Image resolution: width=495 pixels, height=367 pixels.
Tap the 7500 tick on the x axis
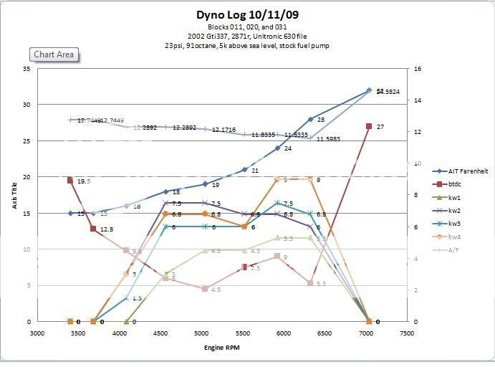click(407, 333)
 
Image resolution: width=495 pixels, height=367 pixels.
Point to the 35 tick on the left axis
click(26, 68)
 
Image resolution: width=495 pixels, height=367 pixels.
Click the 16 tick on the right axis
click(417, 69)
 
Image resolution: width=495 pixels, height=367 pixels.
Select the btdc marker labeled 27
click(369, 126)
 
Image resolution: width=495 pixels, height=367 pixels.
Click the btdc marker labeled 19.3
click(70, 181)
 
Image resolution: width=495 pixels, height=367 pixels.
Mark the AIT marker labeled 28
click(311, 119)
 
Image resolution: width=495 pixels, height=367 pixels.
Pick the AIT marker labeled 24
click(277, 148)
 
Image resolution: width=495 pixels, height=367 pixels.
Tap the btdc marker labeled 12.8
click(93, 229)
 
